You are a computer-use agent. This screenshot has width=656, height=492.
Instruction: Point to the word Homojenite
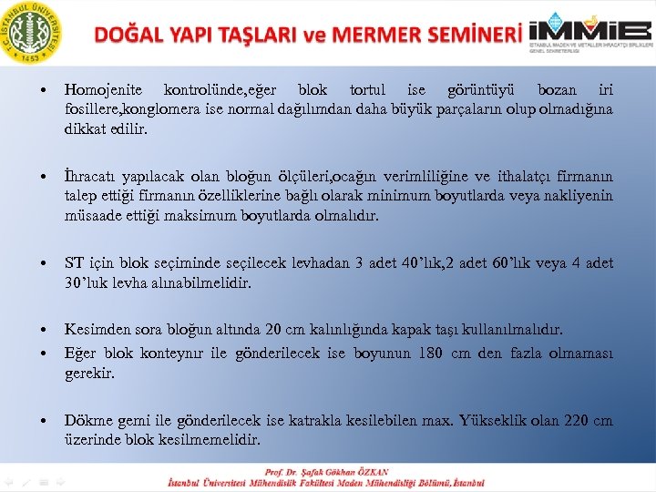[102, 90]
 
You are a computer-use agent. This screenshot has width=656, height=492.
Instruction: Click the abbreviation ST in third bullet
[74, 263]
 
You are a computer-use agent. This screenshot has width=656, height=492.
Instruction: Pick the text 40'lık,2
[425, 263]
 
